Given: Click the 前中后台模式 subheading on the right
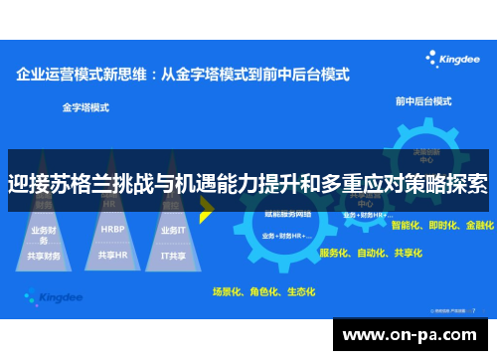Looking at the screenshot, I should click(x=422, y=101).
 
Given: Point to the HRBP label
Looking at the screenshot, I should click(x=111, y=229).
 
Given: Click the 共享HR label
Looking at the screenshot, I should click(x=111, y=255).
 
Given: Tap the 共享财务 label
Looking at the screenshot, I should click(x=45, y=255).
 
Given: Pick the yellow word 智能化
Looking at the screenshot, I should click(x=407, y=226).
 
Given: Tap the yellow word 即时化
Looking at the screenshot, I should click(x=442, y=226).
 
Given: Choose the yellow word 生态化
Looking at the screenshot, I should click(x=299, y=292).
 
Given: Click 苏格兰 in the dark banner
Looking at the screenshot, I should click(x=81, y=185).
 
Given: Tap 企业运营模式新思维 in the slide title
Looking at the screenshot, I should click(x=83, y=74).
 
